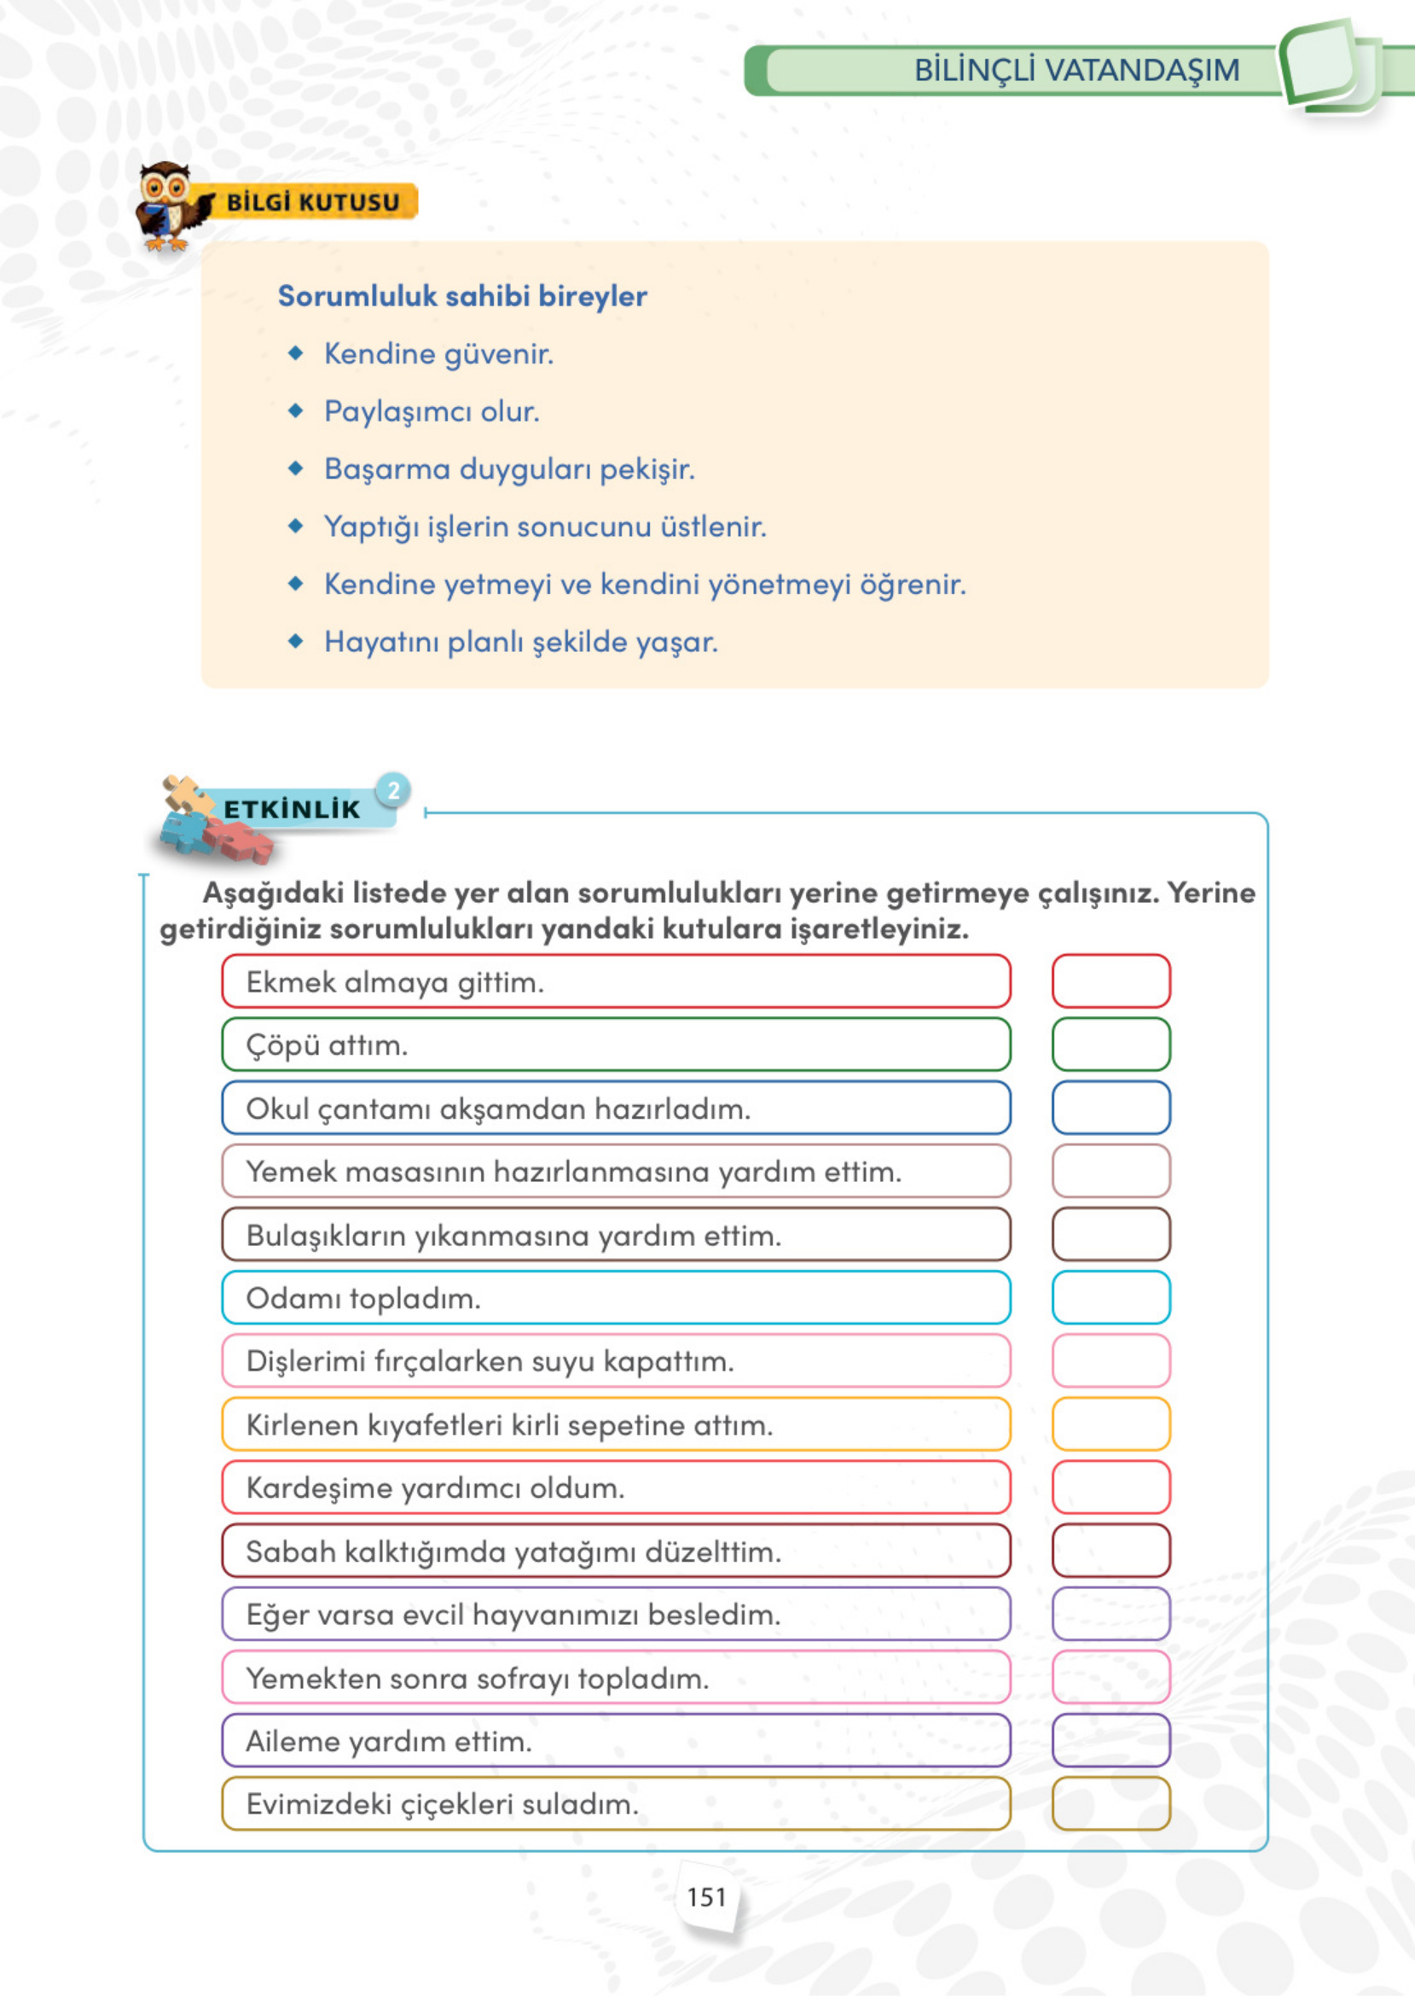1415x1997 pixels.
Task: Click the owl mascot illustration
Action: (x=169, y=206)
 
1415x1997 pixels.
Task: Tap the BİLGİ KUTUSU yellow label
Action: (x=313, y=202)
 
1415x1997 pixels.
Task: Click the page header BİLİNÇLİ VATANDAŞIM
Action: (x=1076, y=71)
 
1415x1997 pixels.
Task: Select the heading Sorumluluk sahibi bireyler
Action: (x=461, y=296)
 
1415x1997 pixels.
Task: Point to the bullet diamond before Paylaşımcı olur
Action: (x=296, y=410)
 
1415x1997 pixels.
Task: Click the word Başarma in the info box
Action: (x=387, y=469)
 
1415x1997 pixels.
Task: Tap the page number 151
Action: (x=705, y=1898)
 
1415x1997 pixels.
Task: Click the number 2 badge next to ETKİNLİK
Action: (x=394, y=790)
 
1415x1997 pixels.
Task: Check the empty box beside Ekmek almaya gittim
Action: (x=1110, y=981)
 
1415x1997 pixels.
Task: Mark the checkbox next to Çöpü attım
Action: (x=1110, y=1045)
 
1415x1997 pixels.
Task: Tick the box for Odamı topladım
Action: (x=1110, y=1297)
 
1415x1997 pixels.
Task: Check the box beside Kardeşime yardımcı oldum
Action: (x=1110, y=1487)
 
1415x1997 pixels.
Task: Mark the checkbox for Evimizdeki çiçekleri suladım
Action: (x=1110, y=1803)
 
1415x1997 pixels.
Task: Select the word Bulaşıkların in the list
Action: (x=326, y=1236)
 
